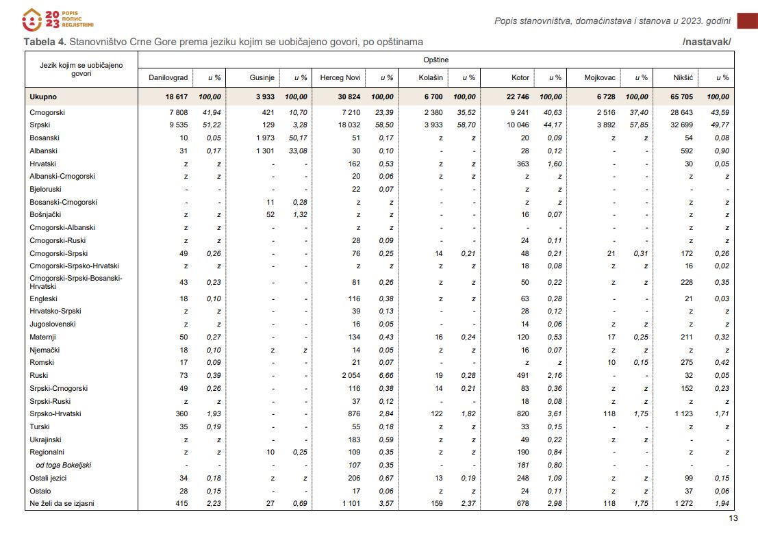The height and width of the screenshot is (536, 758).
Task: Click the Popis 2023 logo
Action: (58, 20)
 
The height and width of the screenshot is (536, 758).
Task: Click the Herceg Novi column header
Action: (340, 78)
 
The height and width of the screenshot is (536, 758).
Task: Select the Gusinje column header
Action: (262, 78)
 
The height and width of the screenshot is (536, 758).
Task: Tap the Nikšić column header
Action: (683, 78)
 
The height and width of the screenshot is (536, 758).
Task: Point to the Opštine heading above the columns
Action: (435, 60)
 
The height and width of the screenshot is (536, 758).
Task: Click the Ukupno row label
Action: (43, 97)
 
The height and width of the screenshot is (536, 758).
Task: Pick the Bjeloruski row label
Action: (45, 190)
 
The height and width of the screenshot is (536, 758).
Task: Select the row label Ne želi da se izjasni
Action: (62, 504)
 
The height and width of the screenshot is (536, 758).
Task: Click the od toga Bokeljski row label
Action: (63, 465)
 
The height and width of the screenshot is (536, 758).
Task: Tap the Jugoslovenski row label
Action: (53, 324)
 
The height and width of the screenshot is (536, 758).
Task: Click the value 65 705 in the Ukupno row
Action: (681, 97)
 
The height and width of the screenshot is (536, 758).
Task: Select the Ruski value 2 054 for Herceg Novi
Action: (351, 376)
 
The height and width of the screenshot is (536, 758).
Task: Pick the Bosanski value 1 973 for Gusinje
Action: (266, 138)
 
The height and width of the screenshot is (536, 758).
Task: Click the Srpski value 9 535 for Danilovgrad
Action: (179, 125)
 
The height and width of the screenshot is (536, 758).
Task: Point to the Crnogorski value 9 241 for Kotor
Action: (520, 113)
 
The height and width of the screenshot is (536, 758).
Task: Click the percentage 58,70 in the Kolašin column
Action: (466, 125)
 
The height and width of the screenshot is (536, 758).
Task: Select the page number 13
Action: (733, 518)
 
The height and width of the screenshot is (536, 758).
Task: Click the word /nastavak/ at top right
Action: (707, 42)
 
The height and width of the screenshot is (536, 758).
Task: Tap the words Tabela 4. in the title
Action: (45, 42)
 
